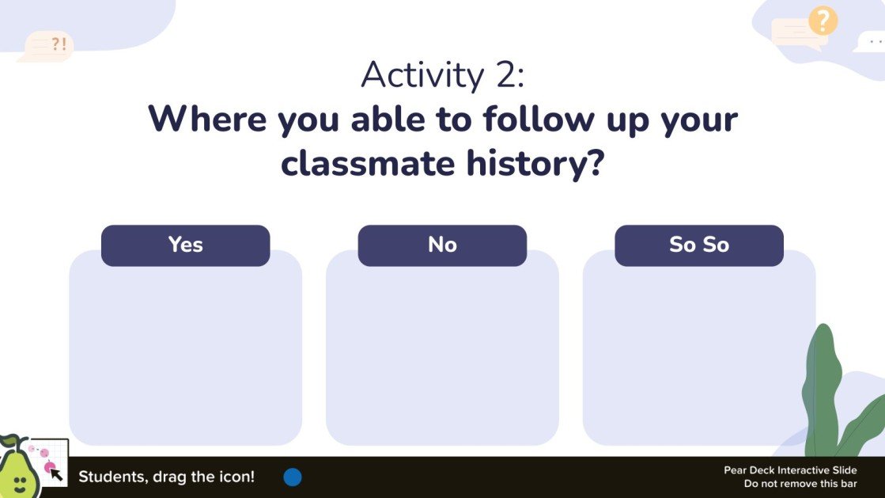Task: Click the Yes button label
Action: [x=185, y=245]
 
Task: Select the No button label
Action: [x=442, y=245]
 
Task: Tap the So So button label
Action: [x=698, y=245]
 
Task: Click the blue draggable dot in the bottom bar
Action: [x=293, y=477]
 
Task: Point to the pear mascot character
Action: [x=16, y=470]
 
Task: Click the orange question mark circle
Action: [x=823, y=21]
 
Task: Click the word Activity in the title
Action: [x=422, y=75]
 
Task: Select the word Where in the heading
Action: [x=207, y=120]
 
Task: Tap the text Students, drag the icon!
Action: [x=166, y=477]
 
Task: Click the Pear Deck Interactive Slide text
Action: [x=790, y=470]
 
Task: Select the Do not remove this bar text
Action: [x=800, y=483]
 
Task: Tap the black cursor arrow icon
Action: [x=56, y=474]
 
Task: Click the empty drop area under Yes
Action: [x=185, y=356]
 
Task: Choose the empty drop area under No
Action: [x=442, y=356]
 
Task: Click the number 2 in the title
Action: [x=507, y=75]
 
